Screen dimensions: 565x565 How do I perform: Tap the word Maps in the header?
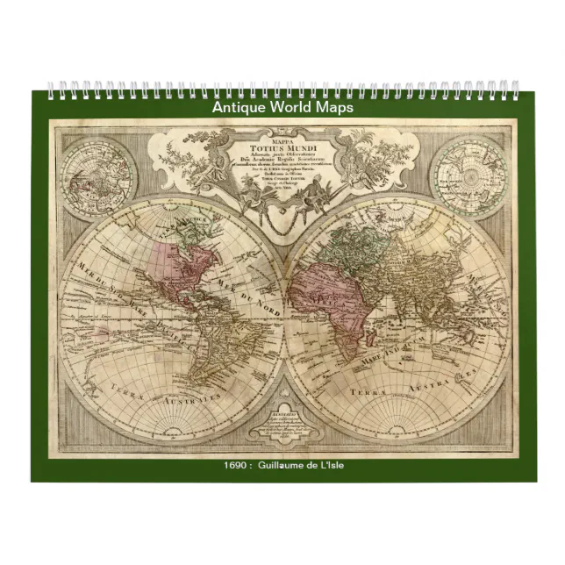tap(333, 107)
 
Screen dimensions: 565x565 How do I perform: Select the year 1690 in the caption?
tap(236, 465)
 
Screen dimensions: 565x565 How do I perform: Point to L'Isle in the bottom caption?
tap(330, 465)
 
